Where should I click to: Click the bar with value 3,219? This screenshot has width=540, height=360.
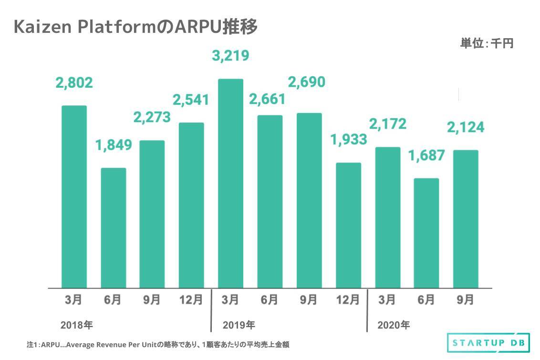pyautogui.click(x=230, y=183)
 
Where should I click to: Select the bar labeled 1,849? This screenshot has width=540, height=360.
pyautogui.click(x=114, y=227)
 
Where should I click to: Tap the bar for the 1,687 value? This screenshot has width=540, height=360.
pyautogui.click(x=426, y=233)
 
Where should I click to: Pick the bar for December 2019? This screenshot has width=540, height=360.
pyautogui.click(x=348, y=225)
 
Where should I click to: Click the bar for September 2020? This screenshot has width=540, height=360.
pyautogui.click(x=466, y=219)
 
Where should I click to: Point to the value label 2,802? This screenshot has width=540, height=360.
pyautogui.click(x=74, y=83)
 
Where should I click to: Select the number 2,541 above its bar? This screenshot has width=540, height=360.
pyautogui.click(x=191, y=100)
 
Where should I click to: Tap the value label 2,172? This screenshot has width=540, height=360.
pyautogui.click(x=387, y=124)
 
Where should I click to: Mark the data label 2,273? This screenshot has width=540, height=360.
pyautogui.click(x=152, y=117)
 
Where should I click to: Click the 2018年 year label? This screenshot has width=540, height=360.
pyautogui.click(x=76, y=326)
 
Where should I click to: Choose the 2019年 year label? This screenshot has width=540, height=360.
pyautogui.click(x=239, y=326)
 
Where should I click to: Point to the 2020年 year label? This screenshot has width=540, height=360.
pyautogui.click(x=393, y=326)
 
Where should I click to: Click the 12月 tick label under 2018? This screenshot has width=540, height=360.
pyautogui.click(x=191, y=300)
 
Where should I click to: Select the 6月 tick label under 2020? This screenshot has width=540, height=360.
pyautogui.click(x=426, y=300)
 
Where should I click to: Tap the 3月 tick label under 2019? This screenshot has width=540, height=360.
pyautogui.click(x=230, y=300)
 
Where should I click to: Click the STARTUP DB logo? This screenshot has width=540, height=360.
pyautogui.click(x=484, y=343)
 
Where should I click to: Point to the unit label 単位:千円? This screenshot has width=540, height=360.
pyautogui.click(x=486, y=44)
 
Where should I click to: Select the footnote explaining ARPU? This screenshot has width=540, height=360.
pyautogui.click(x=157, y=344)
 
